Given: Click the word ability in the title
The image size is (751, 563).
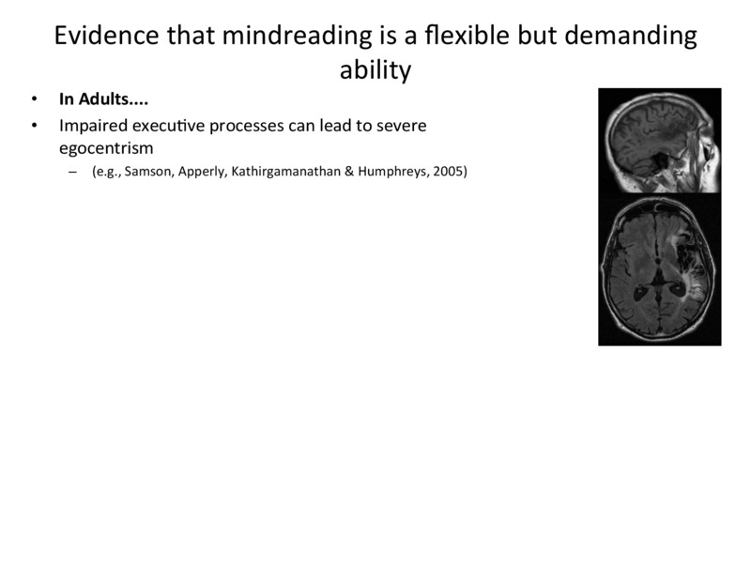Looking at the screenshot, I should click(x=375, y=70).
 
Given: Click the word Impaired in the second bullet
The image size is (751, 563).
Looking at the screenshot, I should click(x=89, y=125).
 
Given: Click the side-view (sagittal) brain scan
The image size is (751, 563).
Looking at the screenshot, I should click(x=660, y=141).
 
